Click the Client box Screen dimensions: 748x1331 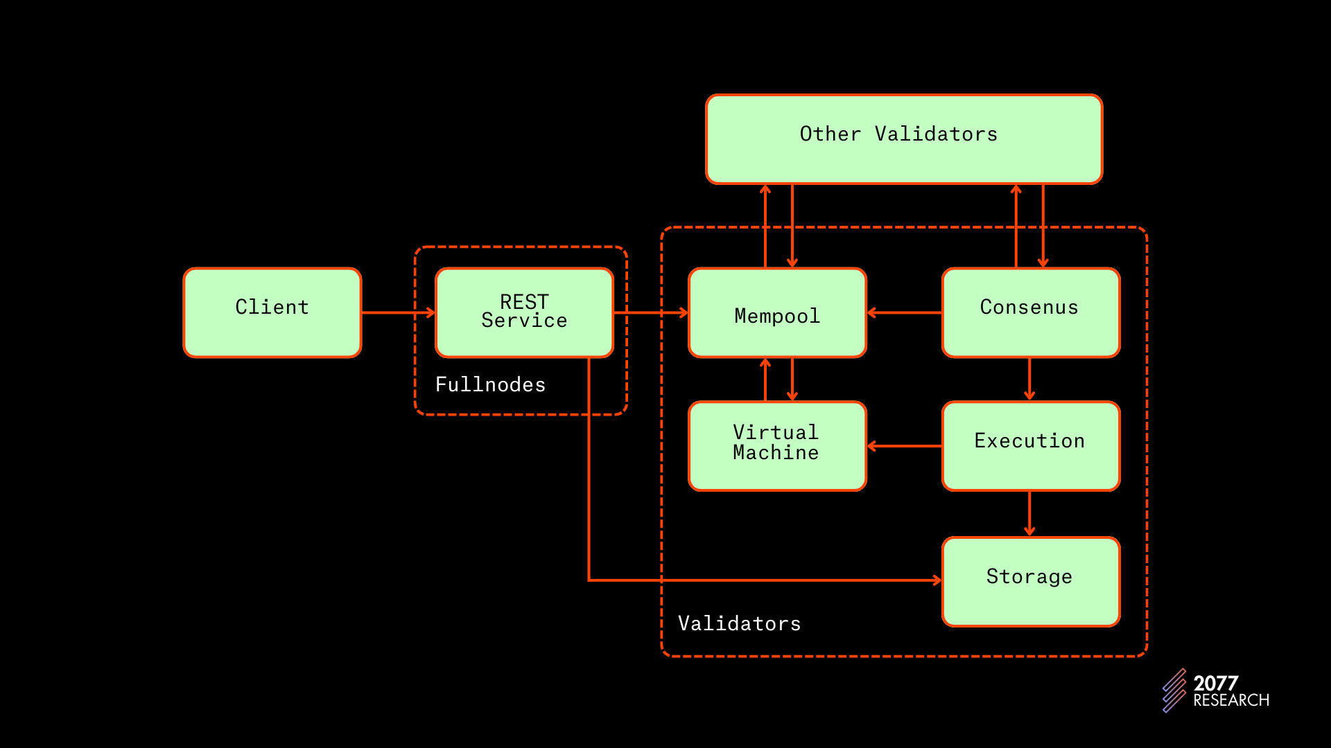click(272, 312)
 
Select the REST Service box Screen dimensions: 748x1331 click(524, 312)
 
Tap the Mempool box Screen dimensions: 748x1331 click(777, 312)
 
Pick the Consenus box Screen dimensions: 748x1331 click(1030, 312)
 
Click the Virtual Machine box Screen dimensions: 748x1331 click(777, 445)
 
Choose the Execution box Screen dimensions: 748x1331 click(1030, 445)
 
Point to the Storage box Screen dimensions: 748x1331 click(1030, 581)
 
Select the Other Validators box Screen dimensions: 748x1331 click(903, 139)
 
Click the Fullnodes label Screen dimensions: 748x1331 click(490, 385)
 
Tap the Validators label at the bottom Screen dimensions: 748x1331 click(739, 624)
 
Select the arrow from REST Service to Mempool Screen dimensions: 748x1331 click(650, 312)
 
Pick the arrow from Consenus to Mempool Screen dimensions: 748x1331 click(904, 312)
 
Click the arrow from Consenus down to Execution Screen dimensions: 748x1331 click(1029, 379)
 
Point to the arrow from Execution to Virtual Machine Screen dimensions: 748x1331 click(904, 446)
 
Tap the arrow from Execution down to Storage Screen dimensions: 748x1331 click(1029, 513)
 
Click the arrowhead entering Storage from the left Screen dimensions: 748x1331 click(937, 580)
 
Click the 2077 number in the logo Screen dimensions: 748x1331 click(1215, 684)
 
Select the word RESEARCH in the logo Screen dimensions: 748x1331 click(1230, 701)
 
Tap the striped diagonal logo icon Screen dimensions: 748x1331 click(1174, 690)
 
